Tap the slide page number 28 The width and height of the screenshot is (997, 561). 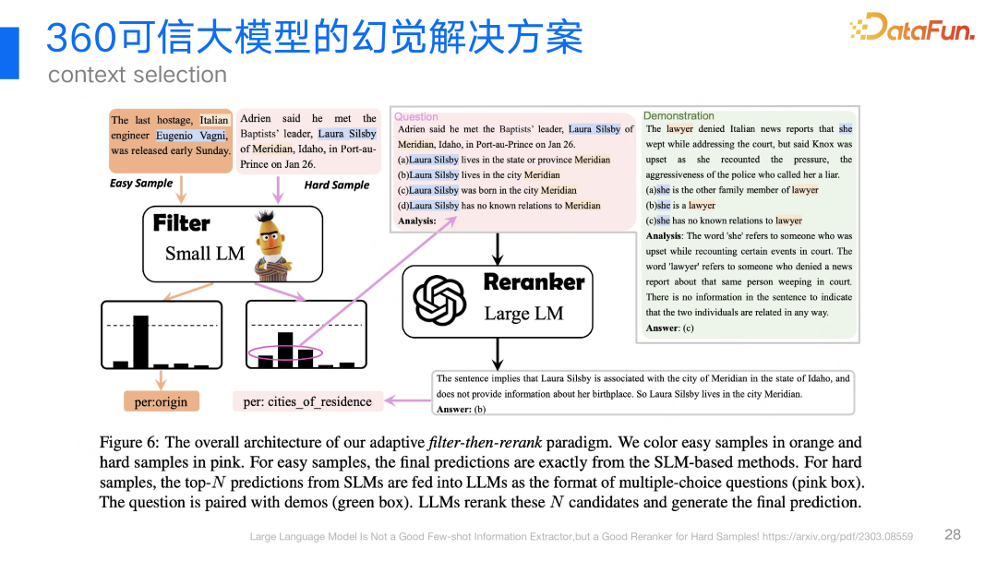[953, 534]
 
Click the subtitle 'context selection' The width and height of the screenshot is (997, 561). [137, 75]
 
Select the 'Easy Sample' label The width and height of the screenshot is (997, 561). [141, 183]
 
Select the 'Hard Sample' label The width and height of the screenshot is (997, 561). [336, 185]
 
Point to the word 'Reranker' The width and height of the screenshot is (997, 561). [534, 282]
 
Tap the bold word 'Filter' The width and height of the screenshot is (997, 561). [181, 223]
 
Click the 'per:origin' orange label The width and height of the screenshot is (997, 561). [161, 401]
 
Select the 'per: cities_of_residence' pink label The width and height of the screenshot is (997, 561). [307, 401]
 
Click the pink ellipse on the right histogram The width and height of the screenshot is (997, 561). [285, 353]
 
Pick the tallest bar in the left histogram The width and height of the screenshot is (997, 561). [140, 341]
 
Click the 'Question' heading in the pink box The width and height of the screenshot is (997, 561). [416, 116]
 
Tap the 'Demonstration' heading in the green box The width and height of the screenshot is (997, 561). [679, 115]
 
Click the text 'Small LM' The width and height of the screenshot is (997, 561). [205, 254]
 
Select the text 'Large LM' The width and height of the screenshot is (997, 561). [523, 314]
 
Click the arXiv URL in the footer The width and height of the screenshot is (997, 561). [839, 536]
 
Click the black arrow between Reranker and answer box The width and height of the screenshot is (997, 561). [498, 352]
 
